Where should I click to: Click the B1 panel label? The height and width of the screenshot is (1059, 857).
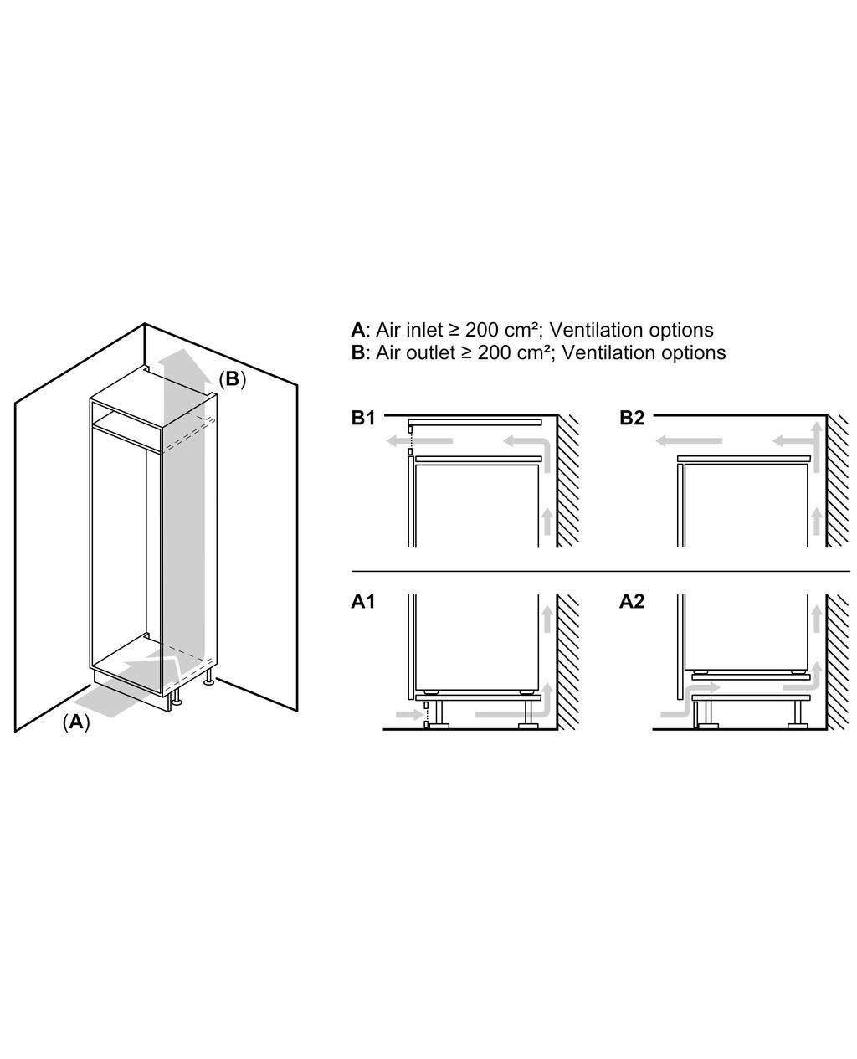click(x=362, y=418)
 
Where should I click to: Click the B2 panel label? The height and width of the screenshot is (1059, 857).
click(x=631, y=418)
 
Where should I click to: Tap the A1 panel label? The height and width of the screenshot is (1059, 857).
click(x=362, y=602)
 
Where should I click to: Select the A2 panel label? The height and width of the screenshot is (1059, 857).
click(x=631, y=602)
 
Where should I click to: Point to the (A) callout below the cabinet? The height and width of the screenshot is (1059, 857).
click(x=76, y=722)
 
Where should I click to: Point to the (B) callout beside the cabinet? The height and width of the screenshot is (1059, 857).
click(x=232, y=379)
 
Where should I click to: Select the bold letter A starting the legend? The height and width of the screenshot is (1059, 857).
click(x=357, y=330)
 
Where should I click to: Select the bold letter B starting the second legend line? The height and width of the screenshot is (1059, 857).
click(x=357, y=353)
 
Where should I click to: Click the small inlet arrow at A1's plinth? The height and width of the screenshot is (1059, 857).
click(x=408, y=715)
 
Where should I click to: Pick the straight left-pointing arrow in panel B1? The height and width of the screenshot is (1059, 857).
click(x=419, y=440)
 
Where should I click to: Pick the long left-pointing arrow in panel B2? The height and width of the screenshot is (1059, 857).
click(x=688, y=440)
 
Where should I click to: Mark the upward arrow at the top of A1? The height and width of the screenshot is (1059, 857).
click(x=547, y=619)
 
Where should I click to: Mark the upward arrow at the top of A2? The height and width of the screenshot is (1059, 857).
click(x=816, y=619)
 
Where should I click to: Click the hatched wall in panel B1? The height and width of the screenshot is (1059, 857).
click(x=567, y=481)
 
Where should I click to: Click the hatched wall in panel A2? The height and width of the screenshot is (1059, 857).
click(x=837, y=661)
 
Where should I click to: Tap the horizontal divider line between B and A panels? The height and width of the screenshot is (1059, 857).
click(x=601, y=571)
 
